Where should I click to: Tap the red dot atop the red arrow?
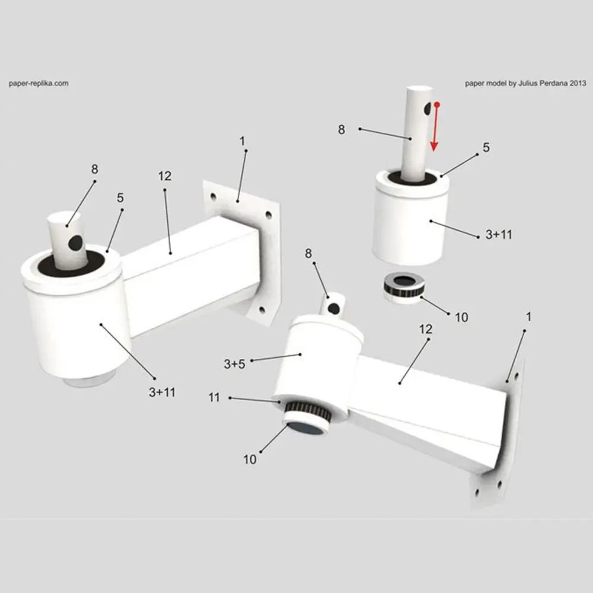[x=437, y=104]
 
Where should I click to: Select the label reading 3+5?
[x=234, y=364]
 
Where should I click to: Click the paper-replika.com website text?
[x=39, y=84]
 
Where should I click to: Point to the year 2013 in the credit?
[x=578, y=84]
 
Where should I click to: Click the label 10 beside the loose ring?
[x=461, y=317]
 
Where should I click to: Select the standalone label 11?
[x=214, y=397]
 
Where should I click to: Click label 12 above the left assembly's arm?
[x=165, y=176]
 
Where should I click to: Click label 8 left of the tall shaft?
[x=341, y=130]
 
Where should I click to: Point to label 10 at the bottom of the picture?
[x=250, y=460]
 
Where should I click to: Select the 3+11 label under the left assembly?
[x=162, y=391]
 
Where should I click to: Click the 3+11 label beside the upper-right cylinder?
[x=499, y=235]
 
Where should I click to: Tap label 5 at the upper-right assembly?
[x=486, y=148]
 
